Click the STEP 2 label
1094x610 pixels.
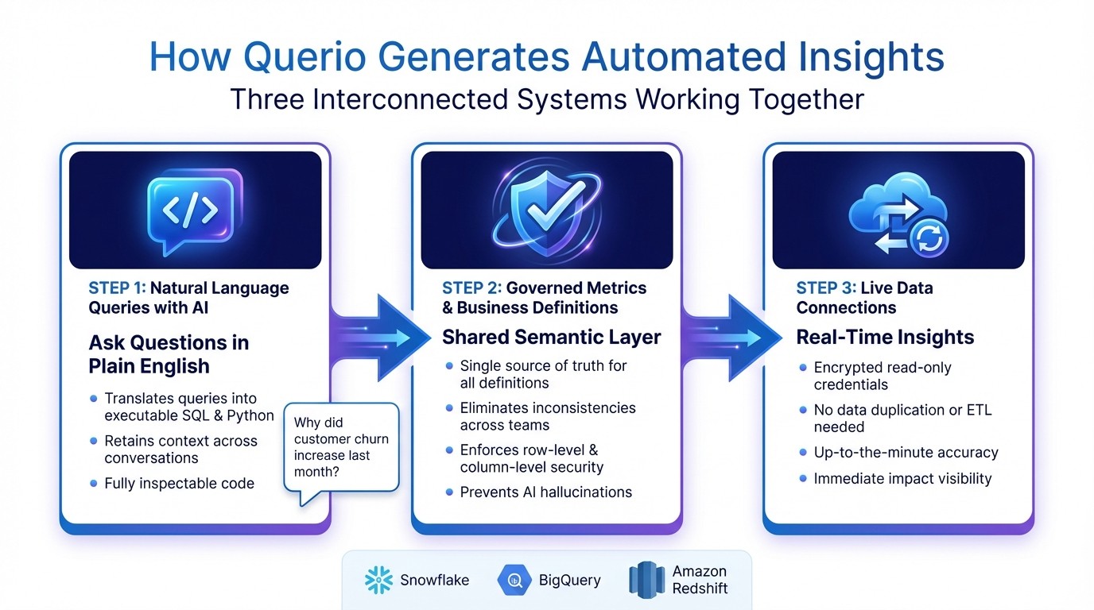471,288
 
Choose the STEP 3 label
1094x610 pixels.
825,288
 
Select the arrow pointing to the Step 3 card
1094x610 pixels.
724,338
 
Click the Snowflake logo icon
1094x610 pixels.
378,581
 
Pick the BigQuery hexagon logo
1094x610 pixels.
514,581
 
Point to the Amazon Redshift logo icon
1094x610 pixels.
646,581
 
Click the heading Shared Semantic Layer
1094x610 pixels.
551,337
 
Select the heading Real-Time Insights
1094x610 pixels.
885,337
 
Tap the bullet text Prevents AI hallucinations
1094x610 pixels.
545,492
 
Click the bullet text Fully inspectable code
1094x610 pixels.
179,483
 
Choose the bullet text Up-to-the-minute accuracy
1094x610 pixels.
906,453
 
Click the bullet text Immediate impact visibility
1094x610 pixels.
902,478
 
